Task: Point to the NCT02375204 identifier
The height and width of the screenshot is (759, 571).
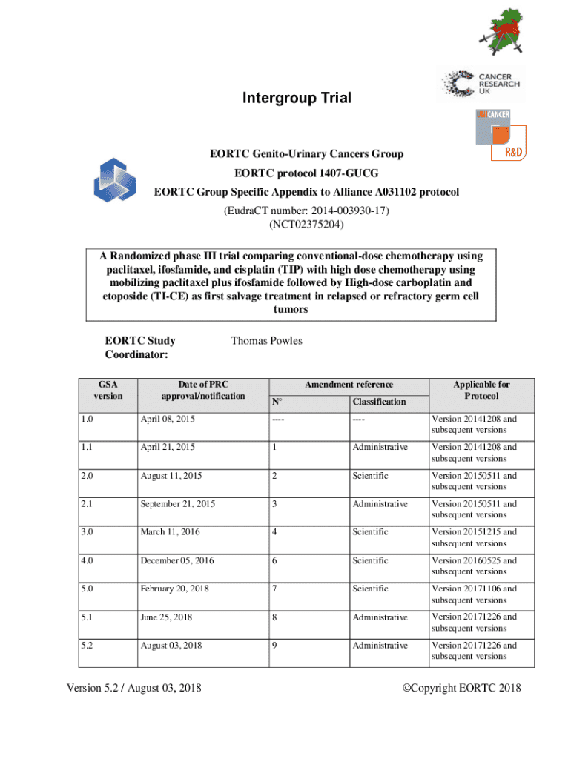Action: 306,224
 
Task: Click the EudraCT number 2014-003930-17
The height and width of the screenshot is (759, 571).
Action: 306,211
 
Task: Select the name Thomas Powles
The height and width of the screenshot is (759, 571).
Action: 266,341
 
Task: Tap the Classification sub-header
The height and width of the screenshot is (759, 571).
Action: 379,402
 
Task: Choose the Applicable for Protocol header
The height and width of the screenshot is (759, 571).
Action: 482,390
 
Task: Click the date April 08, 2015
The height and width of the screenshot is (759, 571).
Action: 168,420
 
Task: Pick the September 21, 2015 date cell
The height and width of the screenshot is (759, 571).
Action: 178,504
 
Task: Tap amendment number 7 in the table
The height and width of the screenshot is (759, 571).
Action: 275,589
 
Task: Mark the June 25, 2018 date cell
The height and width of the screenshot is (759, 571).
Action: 167,617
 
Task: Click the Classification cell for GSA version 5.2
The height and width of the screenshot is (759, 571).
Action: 380,646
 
